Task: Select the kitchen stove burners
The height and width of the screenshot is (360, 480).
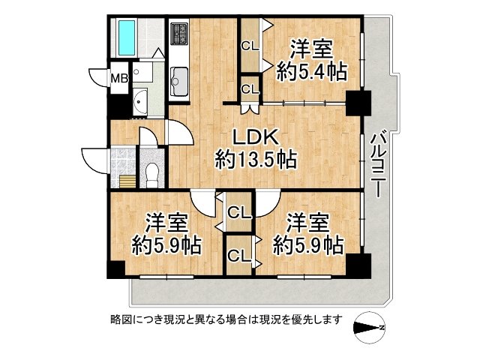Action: pos(181,33)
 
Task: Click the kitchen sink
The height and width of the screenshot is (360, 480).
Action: pos(180,76)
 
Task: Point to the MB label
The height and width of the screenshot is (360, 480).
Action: pos(119,77)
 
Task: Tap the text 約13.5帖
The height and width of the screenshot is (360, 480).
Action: pos(255,159)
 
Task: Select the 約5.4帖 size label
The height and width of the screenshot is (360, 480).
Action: pos(311,73)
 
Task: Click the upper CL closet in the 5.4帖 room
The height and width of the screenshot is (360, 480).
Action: pos(250,45)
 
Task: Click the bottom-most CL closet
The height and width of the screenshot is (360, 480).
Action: pos(239,255)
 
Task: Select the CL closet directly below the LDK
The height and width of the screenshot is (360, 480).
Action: pos(239,211)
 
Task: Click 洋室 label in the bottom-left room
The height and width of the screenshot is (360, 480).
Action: pos(166,223)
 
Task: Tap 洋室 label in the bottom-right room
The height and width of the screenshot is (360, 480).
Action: pos(308,223)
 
